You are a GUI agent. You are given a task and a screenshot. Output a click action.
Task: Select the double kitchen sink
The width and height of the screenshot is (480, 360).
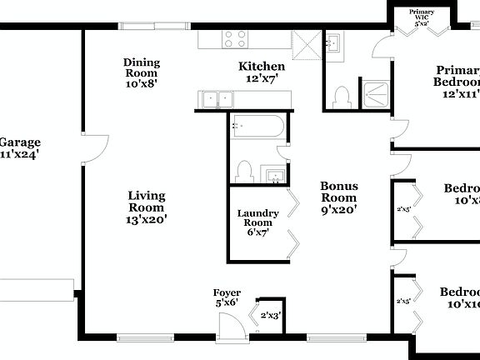[217, 99]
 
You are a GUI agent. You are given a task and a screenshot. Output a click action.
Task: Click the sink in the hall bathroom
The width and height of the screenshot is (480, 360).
[274, 175]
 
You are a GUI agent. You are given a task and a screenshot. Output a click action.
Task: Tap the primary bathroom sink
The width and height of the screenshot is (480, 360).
[334, 43]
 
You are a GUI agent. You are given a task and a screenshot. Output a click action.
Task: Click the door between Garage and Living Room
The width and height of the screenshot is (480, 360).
[93, 151]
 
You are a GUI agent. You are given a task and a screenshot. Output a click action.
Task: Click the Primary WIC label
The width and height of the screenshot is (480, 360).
[421, 13]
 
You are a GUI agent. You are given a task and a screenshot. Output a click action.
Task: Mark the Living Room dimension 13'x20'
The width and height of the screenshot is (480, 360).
[146, 220]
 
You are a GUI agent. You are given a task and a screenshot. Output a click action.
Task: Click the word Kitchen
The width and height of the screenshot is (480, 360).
[262, 67]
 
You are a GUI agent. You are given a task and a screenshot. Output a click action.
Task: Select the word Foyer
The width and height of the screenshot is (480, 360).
[227, 293]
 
